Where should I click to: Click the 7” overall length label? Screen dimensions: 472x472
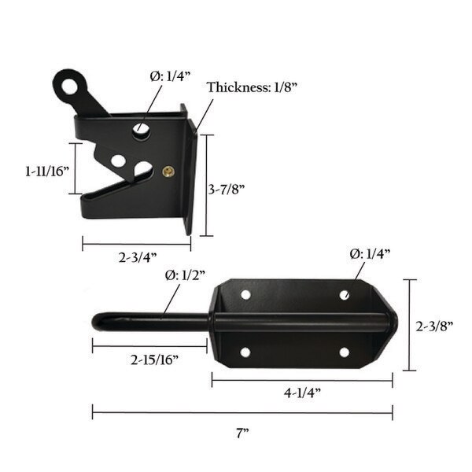(x=242, y=433)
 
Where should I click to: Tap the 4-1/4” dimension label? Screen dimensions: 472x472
(x=302, y=393)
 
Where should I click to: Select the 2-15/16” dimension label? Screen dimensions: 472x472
(x=154, y=360)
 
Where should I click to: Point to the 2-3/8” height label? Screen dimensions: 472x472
(x=434, y=326)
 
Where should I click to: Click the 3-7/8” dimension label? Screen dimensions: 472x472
(x=227, y=190)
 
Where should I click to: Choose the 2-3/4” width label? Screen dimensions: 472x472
(x=138, y=257)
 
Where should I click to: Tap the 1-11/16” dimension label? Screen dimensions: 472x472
(x=47, y=171)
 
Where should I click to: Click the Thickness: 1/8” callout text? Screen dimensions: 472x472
(x=253, y=87)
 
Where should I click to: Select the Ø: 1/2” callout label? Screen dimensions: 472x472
(x=185, y=275)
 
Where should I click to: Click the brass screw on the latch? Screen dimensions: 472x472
(x=168, y=171)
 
